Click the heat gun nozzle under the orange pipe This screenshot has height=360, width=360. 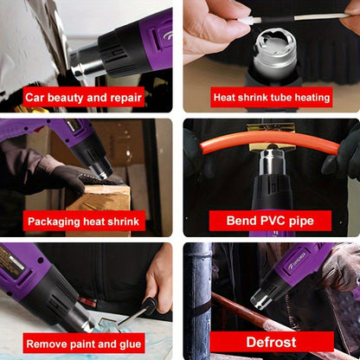[x=272, y=164]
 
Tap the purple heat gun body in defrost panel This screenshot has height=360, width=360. [x=299, y=264]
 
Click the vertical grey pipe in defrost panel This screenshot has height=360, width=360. [x=197, y=294]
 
